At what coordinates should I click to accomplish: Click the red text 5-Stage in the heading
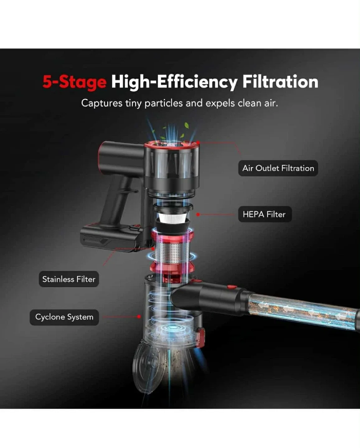[74, 82]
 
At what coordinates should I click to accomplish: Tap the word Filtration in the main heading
[280, 82]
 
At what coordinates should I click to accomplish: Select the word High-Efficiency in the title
[174, 82]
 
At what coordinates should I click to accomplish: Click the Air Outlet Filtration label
[278, 168]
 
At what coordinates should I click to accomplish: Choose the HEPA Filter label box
[265, 214]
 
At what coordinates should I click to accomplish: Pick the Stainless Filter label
[69, 279]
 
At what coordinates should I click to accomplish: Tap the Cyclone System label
[64, 317]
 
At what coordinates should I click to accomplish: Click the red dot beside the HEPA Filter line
[198, 214]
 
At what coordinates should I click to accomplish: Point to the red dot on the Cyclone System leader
[139, 317]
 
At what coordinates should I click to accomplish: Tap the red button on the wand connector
[231, 287]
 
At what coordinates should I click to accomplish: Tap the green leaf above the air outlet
[186, 126]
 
